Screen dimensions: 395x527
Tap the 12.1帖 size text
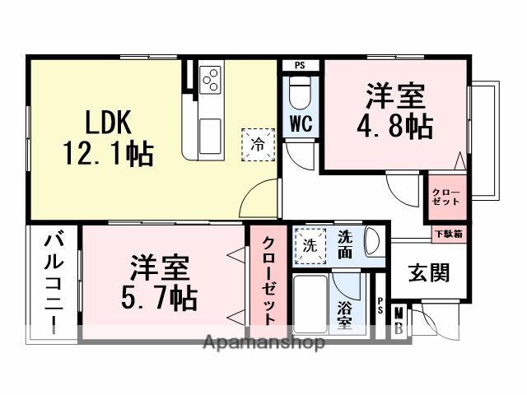(x=108, y=153)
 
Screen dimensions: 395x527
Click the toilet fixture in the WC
(x=301, y=95)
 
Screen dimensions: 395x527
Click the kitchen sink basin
(x=209, y=131)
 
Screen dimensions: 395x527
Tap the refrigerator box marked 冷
(x=258, y=145)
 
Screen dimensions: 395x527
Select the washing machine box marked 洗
(x=310, y=245)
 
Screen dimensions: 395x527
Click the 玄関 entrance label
(x=429, y=272)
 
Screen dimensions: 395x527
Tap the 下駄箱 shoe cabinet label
(x=449, y=233)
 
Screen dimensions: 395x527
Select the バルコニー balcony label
(x=54, y=284)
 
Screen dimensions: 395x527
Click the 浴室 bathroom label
(x=345, y=314)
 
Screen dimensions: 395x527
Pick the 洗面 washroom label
(x=345, y=244)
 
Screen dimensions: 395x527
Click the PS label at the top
(x=300, y=65)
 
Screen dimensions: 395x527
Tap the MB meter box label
(x=399, y=321)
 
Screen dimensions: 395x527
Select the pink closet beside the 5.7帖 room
(x=269, y=280)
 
